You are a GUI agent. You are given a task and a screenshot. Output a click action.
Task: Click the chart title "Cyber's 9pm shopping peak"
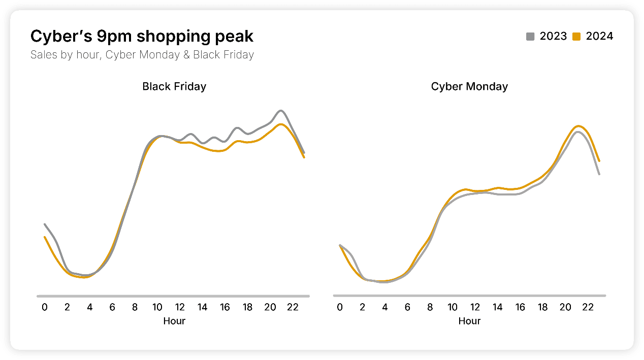click(x=142, y=37)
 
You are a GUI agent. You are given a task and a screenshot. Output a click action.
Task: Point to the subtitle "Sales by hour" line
click(x=142, y=54)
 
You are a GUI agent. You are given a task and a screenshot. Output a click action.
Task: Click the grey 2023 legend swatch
click(x=530, y=37)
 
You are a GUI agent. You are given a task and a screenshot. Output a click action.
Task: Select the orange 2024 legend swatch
click(x=576, y=37)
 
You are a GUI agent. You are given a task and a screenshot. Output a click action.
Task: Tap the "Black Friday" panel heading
click(x=174, y=86)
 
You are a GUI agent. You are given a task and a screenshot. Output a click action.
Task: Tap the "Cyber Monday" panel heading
click(x=469, y=86)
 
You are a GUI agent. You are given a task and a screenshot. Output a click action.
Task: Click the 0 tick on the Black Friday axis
click(x=45, y=307)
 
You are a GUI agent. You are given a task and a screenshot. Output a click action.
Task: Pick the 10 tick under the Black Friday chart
click(x=157, y=307)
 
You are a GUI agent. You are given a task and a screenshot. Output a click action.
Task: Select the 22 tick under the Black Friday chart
click(x=293, y=307)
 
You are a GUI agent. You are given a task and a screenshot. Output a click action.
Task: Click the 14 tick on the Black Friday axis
click(x=203, y=307)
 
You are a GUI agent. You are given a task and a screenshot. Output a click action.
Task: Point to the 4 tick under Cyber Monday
click(x=385, y=307)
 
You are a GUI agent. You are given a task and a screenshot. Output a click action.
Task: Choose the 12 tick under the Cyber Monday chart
click(x=475, y=307)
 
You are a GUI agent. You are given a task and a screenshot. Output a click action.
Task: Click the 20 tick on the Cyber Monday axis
click(x=565, y=307)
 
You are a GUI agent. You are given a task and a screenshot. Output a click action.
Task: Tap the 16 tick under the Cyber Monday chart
click(x=520, y=307)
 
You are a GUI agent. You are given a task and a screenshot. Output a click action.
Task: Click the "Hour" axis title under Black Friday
click(x=174, y=321)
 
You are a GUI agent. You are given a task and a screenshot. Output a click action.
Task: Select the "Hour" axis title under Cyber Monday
click(x=469, y=321)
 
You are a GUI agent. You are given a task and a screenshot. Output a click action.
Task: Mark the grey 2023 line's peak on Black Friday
click(x=281, y=110)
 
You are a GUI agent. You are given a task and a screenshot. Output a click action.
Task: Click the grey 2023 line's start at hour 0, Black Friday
click(x=45, y=224)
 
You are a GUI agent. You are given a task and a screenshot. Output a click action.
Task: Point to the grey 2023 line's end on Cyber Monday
click(x=600, y=174)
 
